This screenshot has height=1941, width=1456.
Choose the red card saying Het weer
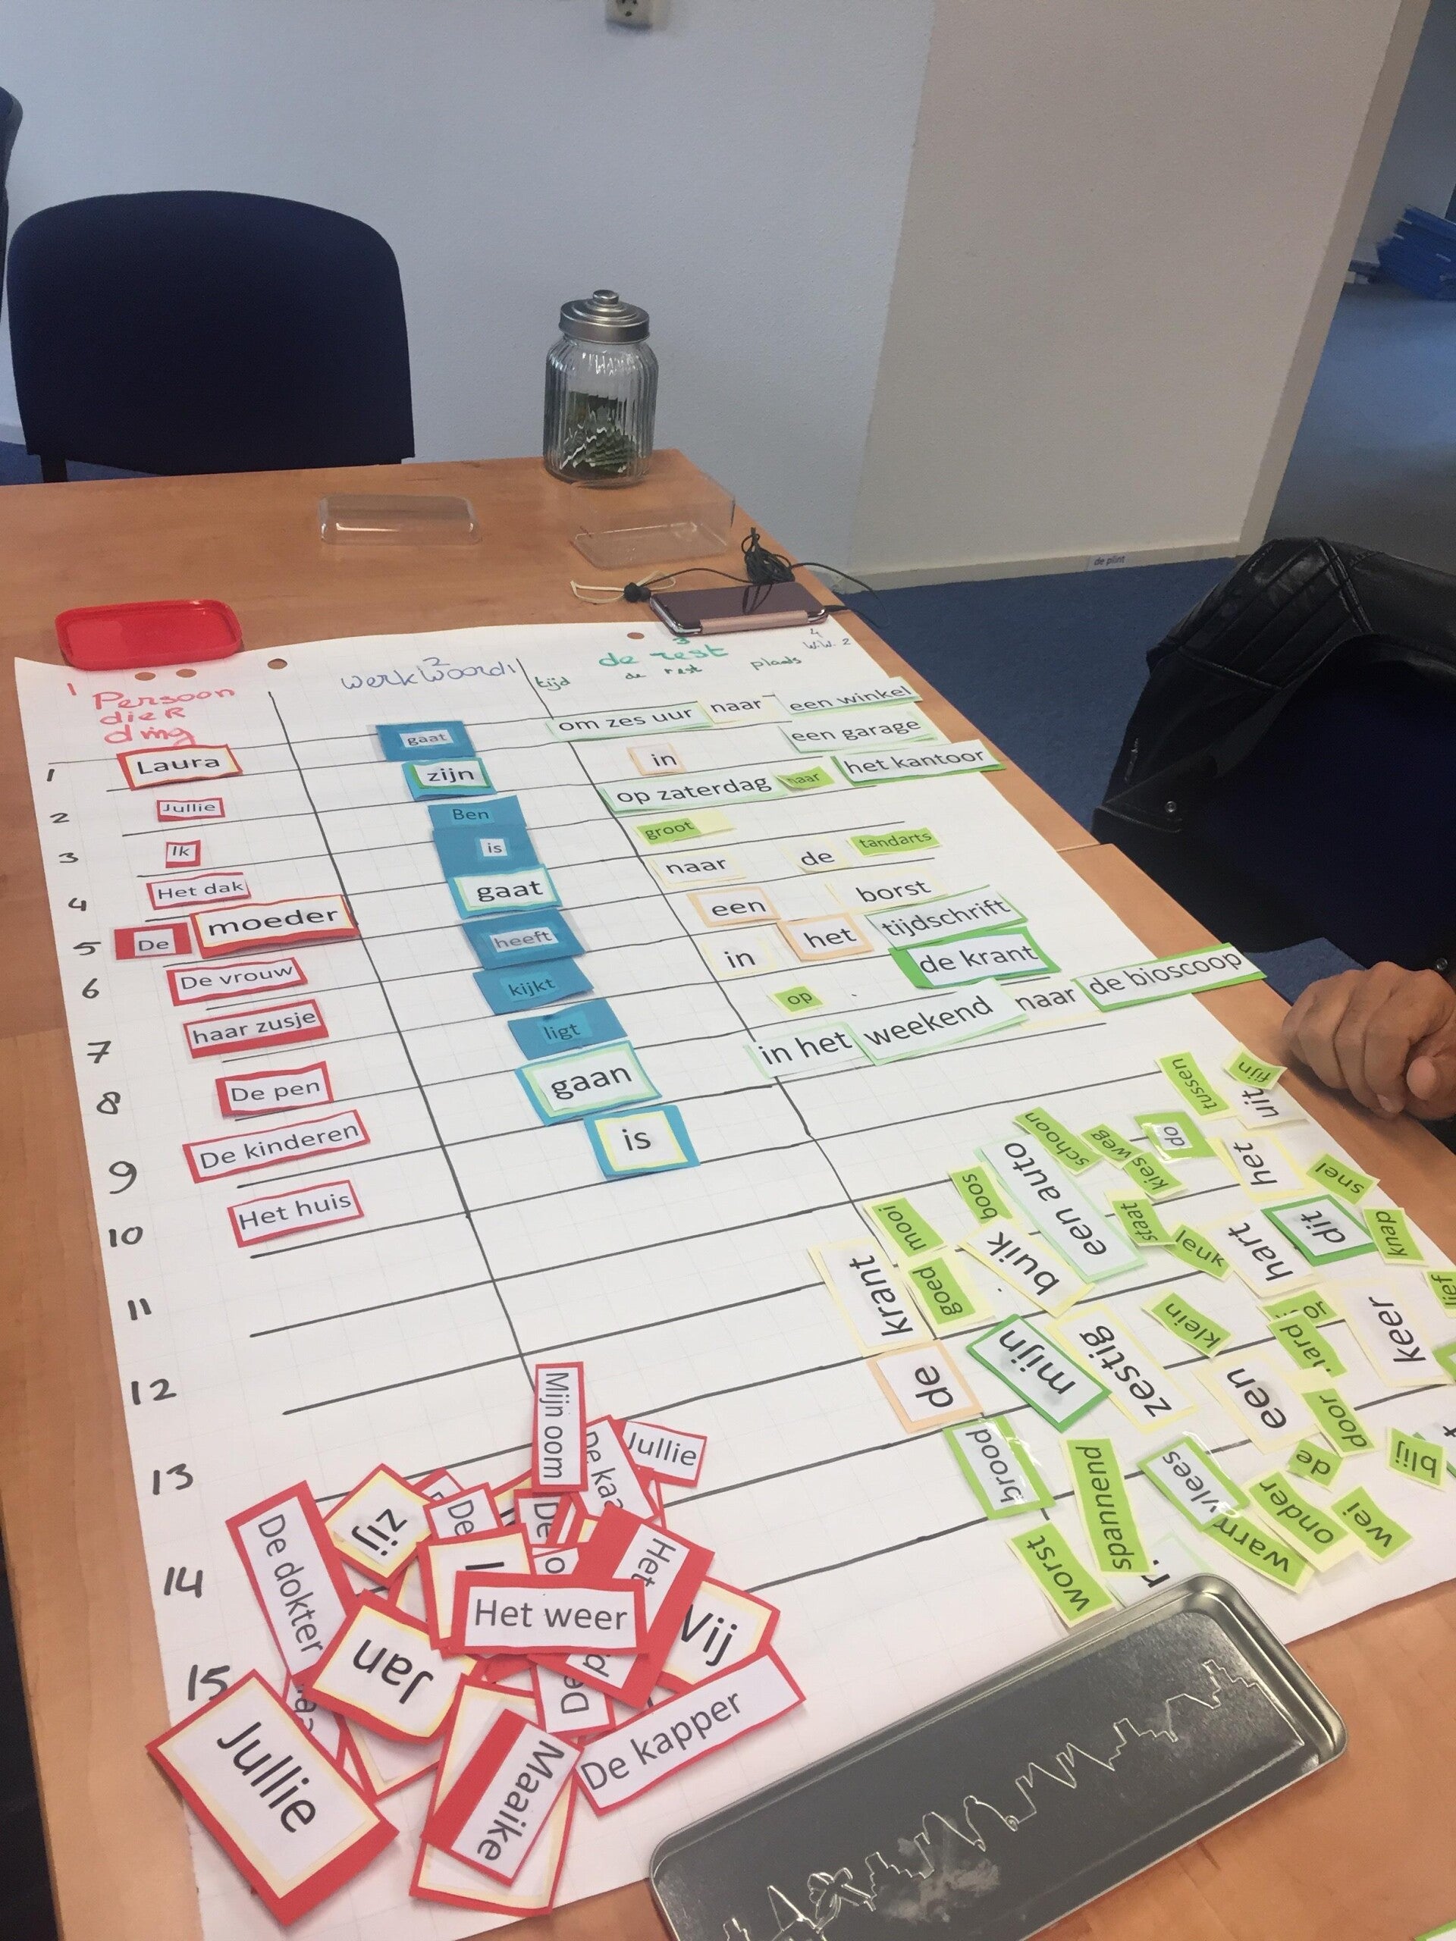tap(551, 1614)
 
